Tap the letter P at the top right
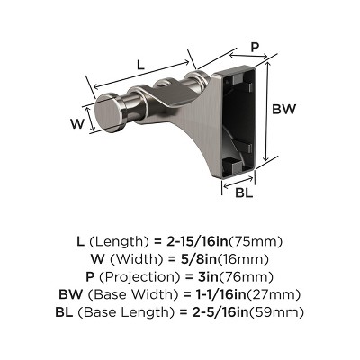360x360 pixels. point(255,47)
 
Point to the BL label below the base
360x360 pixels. point(242,192)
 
